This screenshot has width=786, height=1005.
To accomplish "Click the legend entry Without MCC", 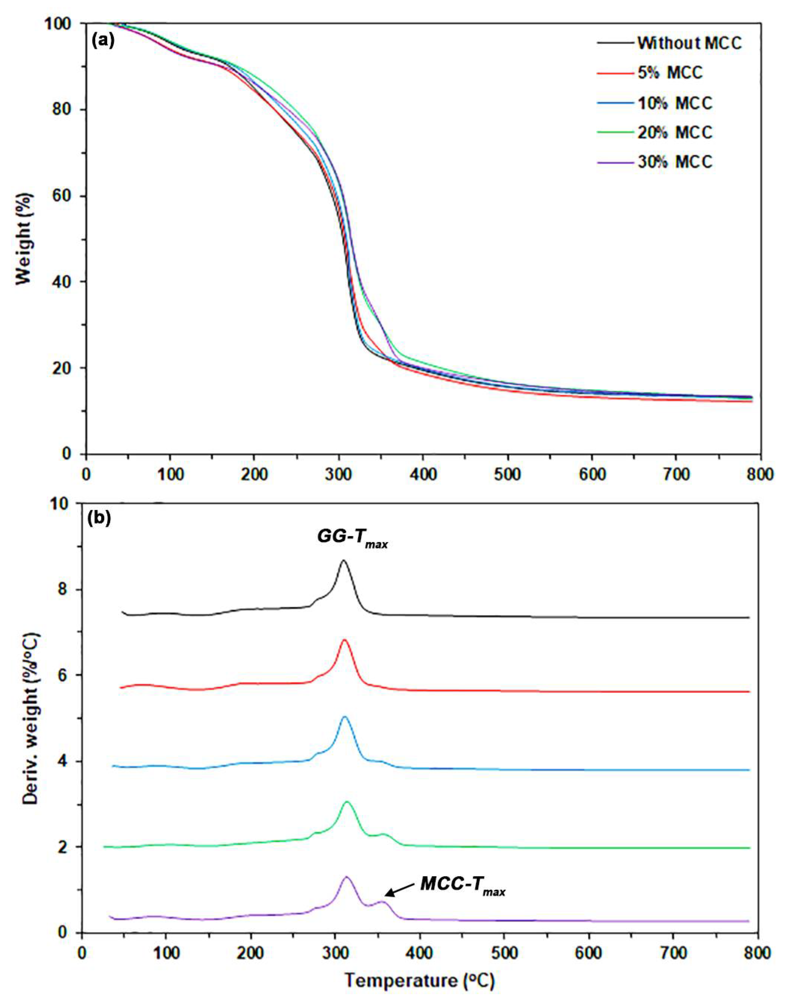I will click(x=689, y=43).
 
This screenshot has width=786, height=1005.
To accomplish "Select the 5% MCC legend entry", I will click(x=670, y=73).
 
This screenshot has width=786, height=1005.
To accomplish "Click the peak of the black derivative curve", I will click(x=343, y=560).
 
